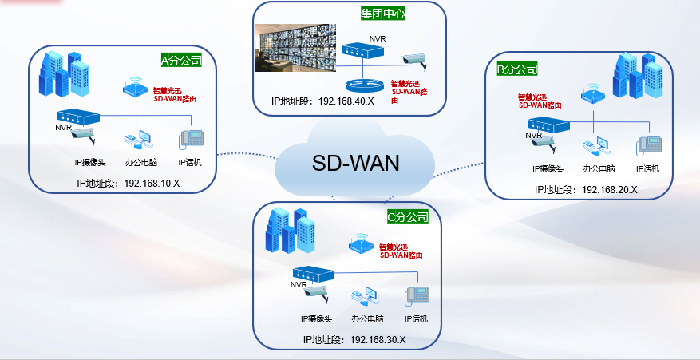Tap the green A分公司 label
tap(180, 60)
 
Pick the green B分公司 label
tap(517, 69)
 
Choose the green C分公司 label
tap(407, 216)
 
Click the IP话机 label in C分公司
tap(416, 318)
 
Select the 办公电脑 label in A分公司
tap(140, 162)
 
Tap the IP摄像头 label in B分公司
tap(548, 168)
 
